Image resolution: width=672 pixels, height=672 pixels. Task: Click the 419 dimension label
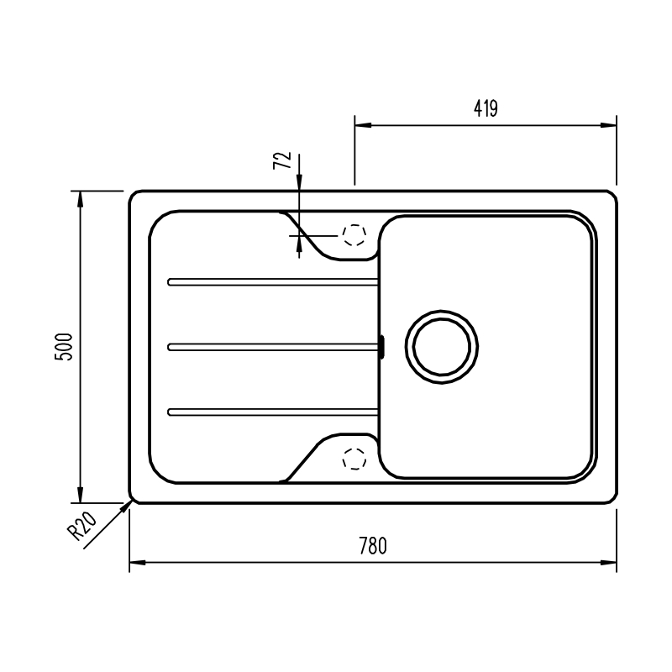click(x=486, y=108)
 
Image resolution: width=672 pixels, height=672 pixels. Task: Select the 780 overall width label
click(x=373, y=546)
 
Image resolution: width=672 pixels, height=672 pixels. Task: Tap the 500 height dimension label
click(x=65, y=347)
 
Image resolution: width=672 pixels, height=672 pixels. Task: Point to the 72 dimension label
click(x=282, y=160)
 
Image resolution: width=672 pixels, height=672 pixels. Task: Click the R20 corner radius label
click(x=81, y=527)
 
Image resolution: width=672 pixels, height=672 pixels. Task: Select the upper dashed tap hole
click(x=354, y=235)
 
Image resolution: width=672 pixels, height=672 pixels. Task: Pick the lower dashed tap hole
click(x=354, y=459)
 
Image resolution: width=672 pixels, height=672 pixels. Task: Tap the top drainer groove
click(x=272, y=282)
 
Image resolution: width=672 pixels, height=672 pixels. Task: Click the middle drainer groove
click(x=272, y=347)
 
